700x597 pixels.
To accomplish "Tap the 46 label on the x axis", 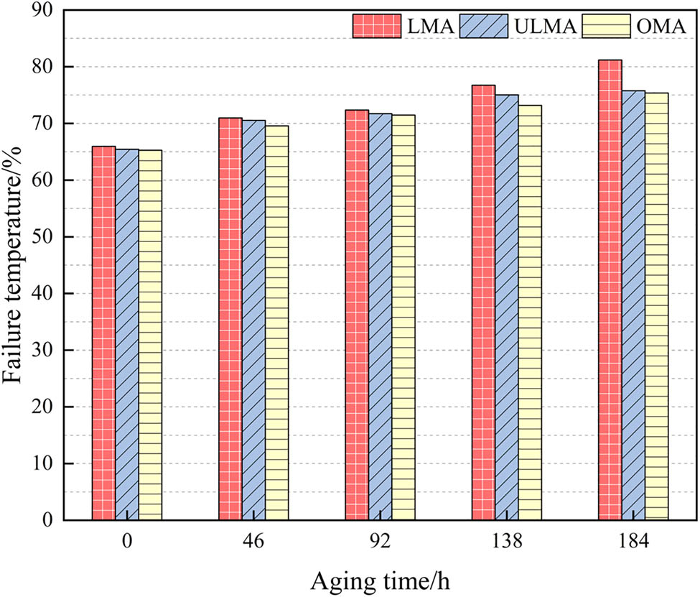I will (x=253, y=542).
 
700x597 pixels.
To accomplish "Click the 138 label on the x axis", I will (x=506, y=542).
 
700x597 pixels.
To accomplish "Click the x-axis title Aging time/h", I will (x=380, y=578).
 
